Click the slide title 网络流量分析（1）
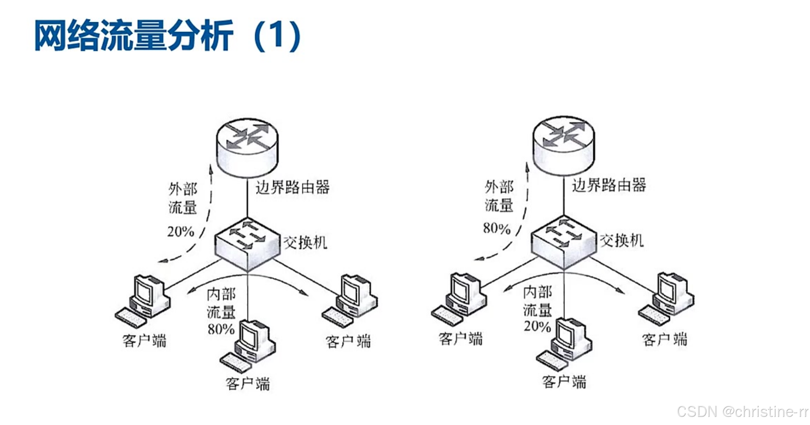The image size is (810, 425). coord(168,36)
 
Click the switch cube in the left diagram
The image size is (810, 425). coord(247,244)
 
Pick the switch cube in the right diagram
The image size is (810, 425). coord(563,241)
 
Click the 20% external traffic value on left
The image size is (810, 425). coord(181,232)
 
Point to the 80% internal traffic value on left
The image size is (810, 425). coord(221,329)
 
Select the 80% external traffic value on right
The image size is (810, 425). coord(497,228)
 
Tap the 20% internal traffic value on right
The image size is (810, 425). coord(537,326)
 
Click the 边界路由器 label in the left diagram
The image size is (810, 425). coord(292,187)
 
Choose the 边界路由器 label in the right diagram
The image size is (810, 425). coord(609,185)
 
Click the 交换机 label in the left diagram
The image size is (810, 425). coord(305,243)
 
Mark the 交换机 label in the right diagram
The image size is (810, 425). coord(622,240)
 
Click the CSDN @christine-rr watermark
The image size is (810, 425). coord(742,411)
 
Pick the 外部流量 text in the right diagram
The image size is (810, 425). coord(499,196)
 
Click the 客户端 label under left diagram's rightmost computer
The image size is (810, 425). coord(348,342)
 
